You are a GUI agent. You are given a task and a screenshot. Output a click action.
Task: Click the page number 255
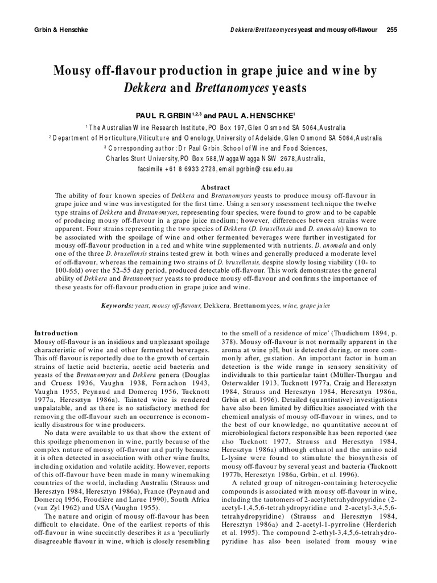click(391, 29)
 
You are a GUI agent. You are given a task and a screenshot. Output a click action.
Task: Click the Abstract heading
click(216, 187)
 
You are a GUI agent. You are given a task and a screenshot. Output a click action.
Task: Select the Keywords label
click(117, 306)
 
